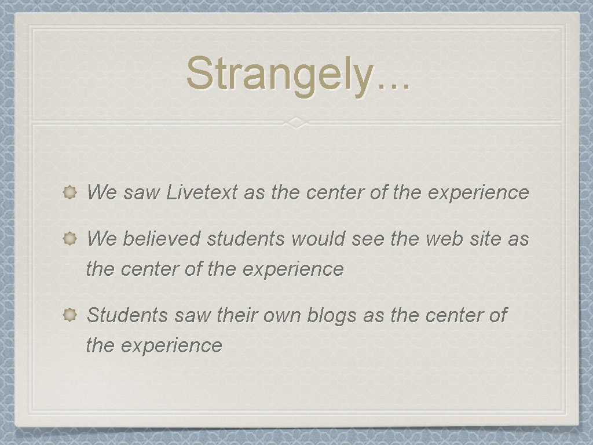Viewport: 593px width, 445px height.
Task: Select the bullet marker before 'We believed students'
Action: click(70, 239)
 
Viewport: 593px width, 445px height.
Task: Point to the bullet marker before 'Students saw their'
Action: click(70, 315)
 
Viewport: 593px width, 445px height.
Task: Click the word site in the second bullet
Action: click(485, 239)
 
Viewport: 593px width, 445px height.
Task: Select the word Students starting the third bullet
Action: click(127, 315)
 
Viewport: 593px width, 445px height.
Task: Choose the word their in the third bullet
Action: click(237, 315)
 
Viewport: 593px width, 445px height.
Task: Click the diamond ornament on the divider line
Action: click(296, 123)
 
